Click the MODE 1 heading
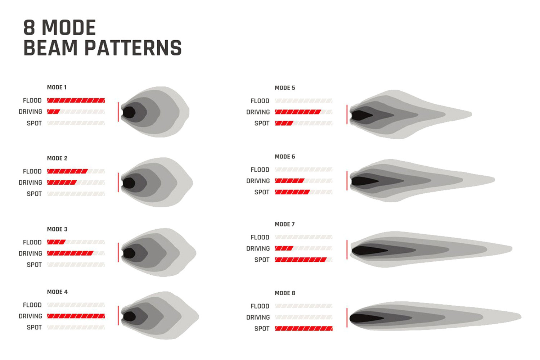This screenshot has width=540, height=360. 57,87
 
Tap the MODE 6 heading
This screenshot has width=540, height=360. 285,157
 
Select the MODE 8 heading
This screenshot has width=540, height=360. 285,293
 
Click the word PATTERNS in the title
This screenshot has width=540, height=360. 133,48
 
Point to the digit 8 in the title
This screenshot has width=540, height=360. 30,27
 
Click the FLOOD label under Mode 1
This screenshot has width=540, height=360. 32,100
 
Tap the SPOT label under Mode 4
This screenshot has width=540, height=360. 34,328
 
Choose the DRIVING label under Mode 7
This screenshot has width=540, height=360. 258,249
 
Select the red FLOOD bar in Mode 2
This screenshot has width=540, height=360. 68,171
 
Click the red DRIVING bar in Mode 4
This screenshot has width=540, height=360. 76,316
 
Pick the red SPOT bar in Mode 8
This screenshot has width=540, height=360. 304,328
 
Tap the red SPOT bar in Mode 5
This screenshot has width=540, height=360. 284,123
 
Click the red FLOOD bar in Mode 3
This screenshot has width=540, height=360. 57,242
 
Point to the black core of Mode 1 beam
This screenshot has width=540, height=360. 129,112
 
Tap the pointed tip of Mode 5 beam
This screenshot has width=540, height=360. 472,114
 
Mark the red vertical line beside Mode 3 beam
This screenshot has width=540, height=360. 118,252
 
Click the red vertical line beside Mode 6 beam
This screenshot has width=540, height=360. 347,181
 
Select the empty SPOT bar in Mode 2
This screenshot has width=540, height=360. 76,194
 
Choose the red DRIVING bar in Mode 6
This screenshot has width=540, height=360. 290,181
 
